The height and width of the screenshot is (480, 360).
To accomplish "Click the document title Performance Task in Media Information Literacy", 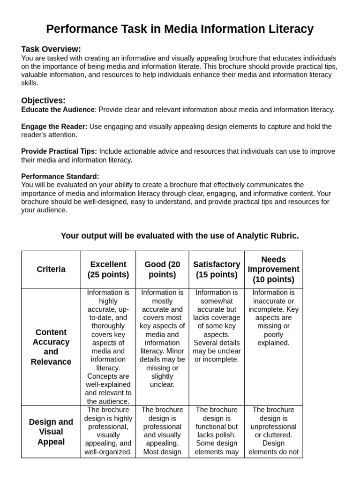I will [180, 30].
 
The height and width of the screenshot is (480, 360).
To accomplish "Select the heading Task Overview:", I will [51, 49].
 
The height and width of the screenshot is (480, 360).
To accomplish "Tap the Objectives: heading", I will [43, 100].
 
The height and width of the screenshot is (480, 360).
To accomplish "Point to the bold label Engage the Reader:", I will [54, 127].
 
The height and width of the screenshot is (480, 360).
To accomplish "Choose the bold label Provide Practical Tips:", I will [59, 151].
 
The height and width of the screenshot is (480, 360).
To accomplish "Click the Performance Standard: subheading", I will [60, 176].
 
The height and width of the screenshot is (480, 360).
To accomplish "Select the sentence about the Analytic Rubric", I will [180, 236].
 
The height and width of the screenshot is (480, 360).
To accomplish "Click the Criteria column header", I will [51, 270].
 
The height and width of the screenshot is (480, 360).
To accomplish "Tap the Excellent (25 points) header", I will [108, 270].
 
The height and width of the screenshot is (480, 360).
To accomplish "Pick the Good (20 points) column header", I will [162, 270].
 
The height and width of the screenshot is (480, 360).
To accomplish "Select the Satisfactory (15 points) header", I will [217, 270].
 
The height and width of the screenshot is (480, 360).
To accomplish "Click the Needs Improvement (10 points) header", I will [273, 270].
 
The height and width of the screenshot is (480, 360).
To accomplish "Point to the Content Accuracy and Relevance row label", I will [51, 347].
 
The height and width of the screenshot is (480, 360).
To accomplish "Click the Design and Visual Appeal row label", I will [51, 432].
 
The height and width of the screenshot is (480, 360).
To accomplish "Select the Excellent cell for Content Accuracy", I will [108, 347].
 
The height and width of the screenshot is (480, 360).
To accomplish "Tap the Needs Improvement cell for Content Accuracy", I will [273, 318].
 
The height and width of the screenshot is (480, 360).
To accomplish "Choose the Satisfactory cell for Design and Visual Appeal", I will [217, 431].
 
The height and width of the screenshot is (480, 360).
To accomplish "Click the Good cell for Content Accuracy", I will [162, 338].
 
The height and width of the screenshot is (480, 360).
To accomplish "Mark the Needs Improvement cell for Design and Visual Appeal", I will [273, 431].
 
